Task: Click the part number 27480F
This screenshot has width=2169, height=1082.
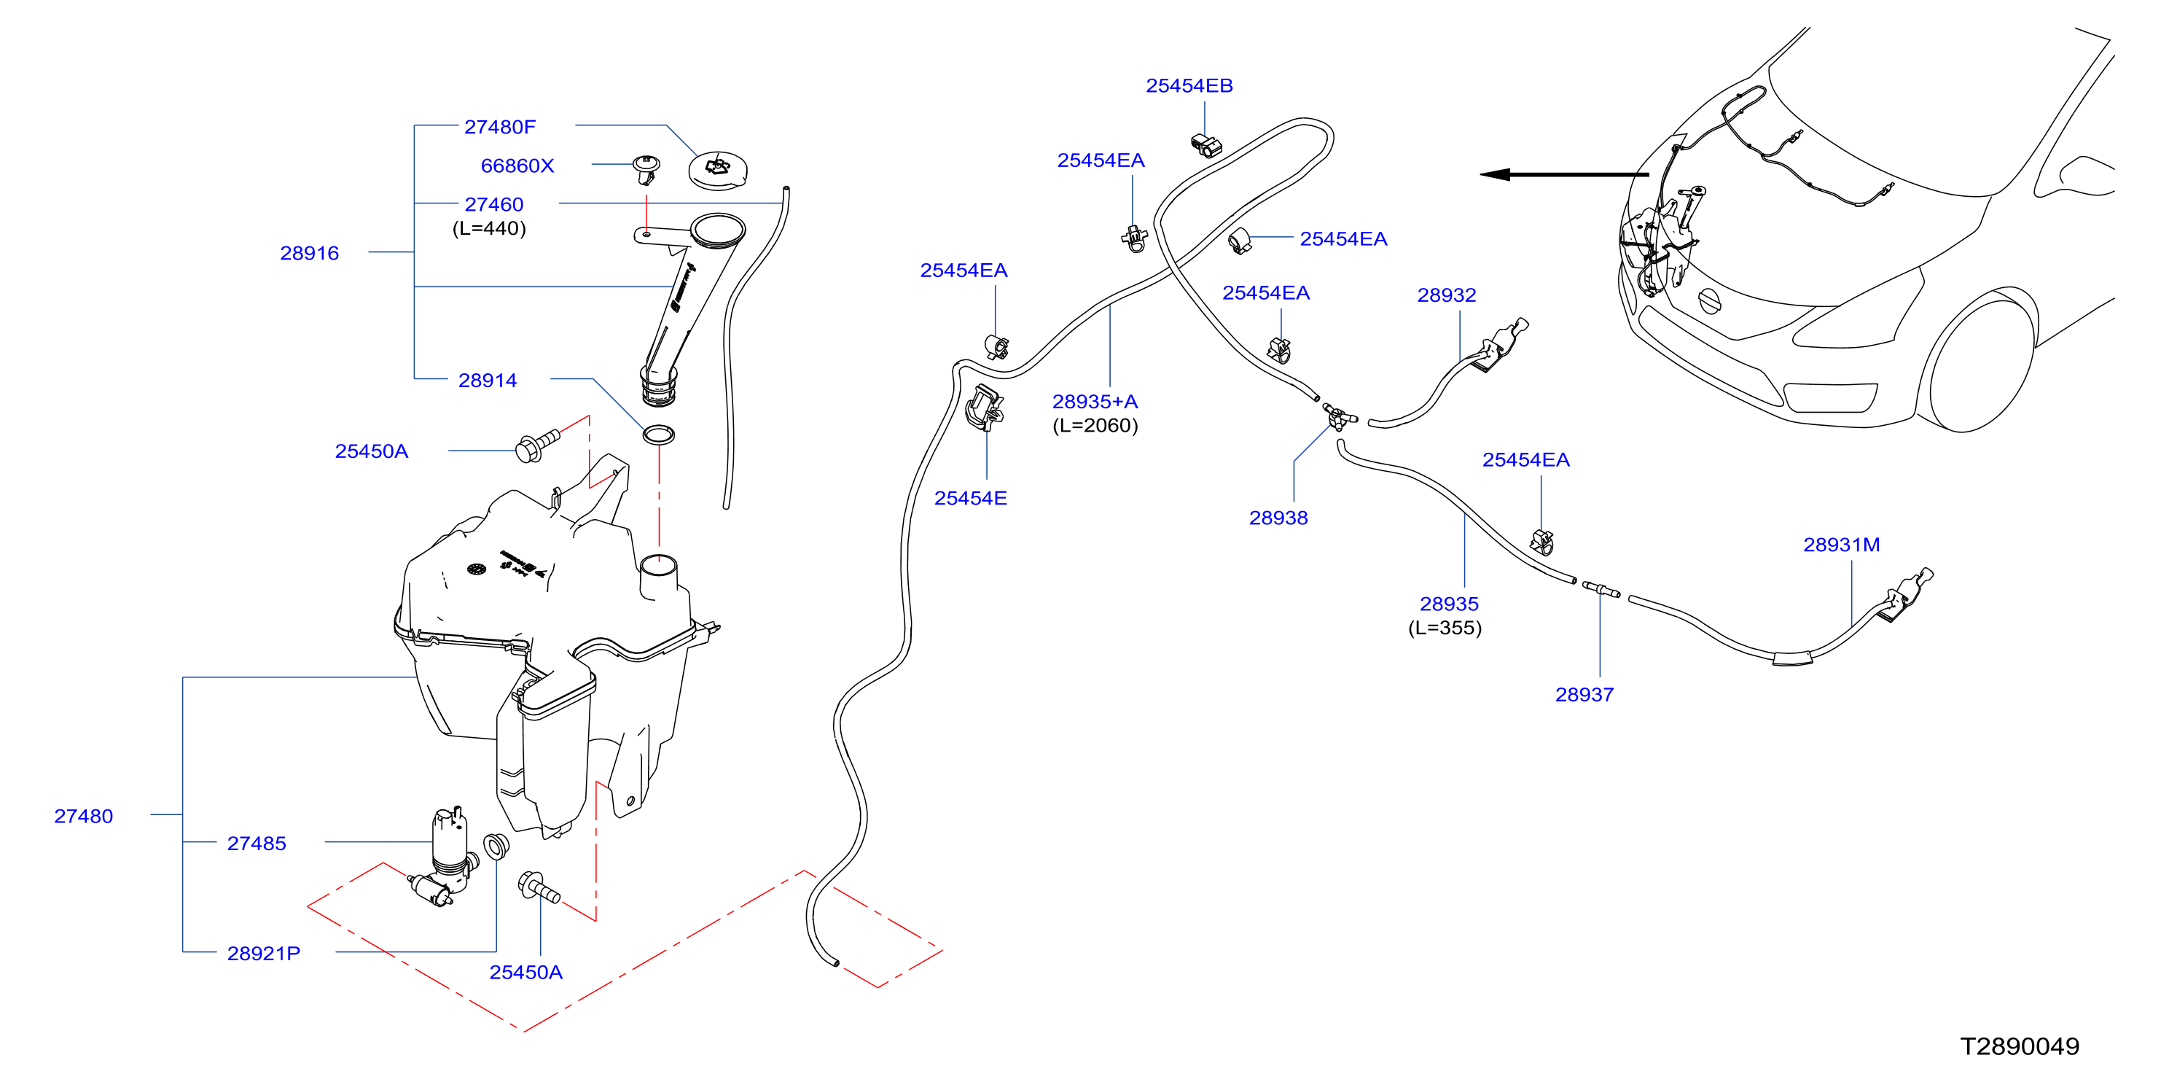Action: [x=499, y=127]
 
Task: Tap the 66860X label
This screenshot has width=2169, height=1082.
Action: [x=517, y=166]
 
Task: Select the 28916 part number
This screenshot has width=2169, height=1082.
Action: [x=309, y=254]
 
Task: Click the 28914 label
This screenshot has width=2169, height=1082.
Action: [x=488, y=381]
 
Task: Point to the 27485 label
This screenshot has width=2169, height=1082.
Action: [x=257, y=844]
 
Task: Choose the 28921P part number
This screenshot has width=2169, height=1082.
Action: [x=264, y=954]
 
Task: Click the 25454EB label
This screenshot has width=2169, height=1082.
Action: [x=1189, y=86]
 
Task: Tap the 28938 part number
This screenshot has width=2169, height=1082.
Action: [x=1278, y=518]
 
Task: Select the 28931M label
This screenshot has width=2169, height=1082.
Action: [x=1842, y=545]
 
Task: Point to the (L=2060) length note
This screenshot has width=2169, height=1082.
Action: [x=1095, y=426]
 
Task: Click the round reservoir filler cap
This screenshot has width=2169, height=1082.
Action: [x=717, y=170]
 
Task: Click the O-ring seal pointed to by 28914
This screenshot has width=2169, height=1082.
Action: [x=658, y=435]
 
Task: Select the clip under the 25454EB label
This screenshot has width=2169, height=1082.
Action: [x=1207, y=145]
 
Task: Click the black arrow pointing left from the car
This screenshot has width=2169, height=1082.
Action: [x=1563, y=175]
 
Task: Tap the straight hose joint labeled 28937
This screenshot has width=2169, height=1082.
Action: [x=1601, y=589]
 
